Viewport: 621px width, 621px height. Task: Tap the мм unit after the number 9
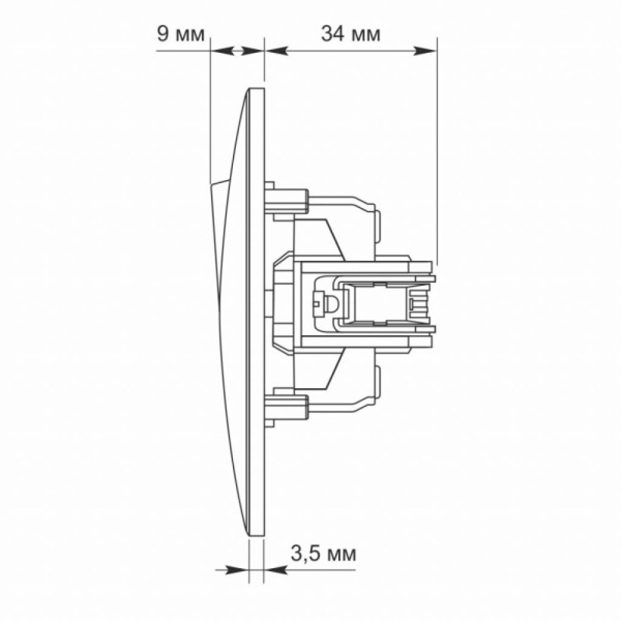click(190, 35)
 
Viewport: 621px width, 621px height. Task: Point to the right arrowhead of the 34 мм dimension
click(425, 51)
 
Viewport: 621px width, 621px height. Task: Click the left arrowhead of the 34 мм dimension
click(276, 51)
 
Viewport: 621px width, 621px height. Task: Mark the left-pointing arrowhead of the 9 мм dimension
click(222, 51)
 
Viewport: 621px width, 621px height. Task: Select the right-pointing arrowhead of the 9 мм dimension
click(252, 51)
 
